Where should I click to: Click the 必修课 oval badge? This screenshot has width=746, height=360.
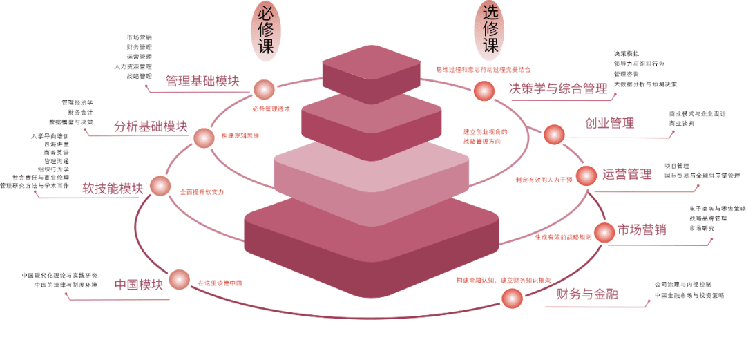point(265,31)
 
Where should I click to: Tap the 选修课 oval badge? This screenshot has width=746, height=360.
point(490,30)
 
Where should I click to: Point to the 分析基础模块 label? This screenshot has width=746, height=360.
point(150,126)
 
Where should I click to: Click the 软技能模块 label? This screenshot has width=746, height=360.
point(113,188)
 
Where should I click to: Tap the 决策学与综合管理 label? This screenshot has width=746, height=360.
point(557,88)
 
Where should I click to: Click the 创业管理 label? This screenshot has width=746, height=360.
point(610,124)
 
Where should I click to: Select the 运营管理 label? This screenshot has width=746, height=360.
point(627,174)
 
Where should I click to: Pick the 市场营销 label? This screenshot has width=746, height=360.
point(642,230)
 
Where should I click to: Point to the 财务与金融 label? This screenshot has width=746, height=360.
point(587,294)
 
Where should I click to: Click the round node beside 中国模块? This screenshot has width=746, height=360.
point(179,279)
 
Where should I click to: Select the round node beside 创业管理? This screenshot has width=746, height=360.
point(554,134)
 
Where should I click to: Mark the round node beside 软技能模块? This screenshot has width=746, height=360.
point(160,186)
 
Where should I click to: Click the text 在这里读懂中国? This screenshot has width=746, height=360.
point(220,283)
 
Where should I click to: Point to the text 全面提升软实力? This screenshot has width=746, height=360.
point(202,191)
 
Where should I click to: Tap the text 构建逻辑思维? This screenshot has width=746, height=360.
point(240,135)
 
